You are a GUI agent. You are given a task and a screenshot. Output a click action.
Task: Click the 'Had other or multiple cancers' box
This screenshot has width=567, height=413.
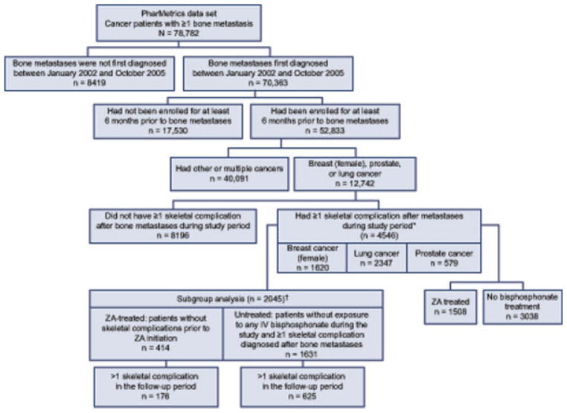click(x=236, y=165)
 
